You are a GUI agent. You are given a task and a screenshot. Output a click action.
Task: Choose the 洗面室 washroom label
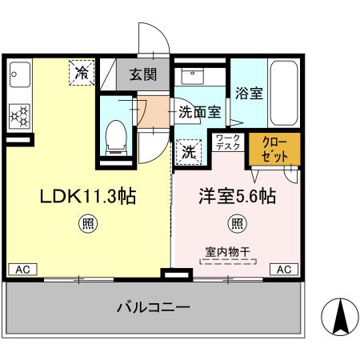[199, 113]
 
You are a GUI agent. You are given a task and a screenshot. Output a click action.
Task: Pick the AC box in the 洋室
[284, 270]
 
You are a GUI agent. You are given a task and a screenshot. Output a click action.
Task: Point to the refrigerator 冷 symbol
[82, 73]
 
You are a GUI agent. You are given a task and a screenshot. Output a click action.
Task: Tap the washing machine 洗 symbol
[188, 150]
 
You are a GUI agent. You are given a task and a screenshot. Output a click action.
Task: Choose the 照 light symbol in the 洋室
[237, 224]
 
